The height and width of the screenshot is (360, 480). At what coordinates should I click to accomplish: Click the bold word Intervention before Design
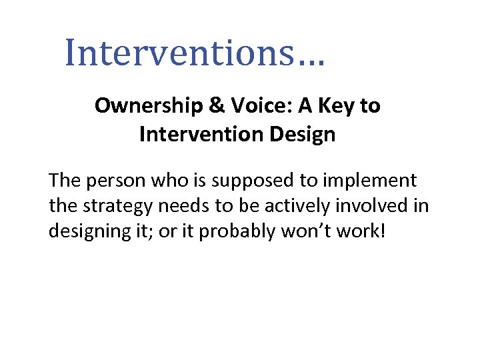point(199,135)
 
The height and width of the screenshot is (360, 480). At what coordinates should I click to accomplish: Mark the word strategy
point(111,205)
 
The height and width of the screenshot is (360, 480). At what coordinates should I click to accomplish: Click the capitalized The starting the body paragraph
point(63,180)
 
